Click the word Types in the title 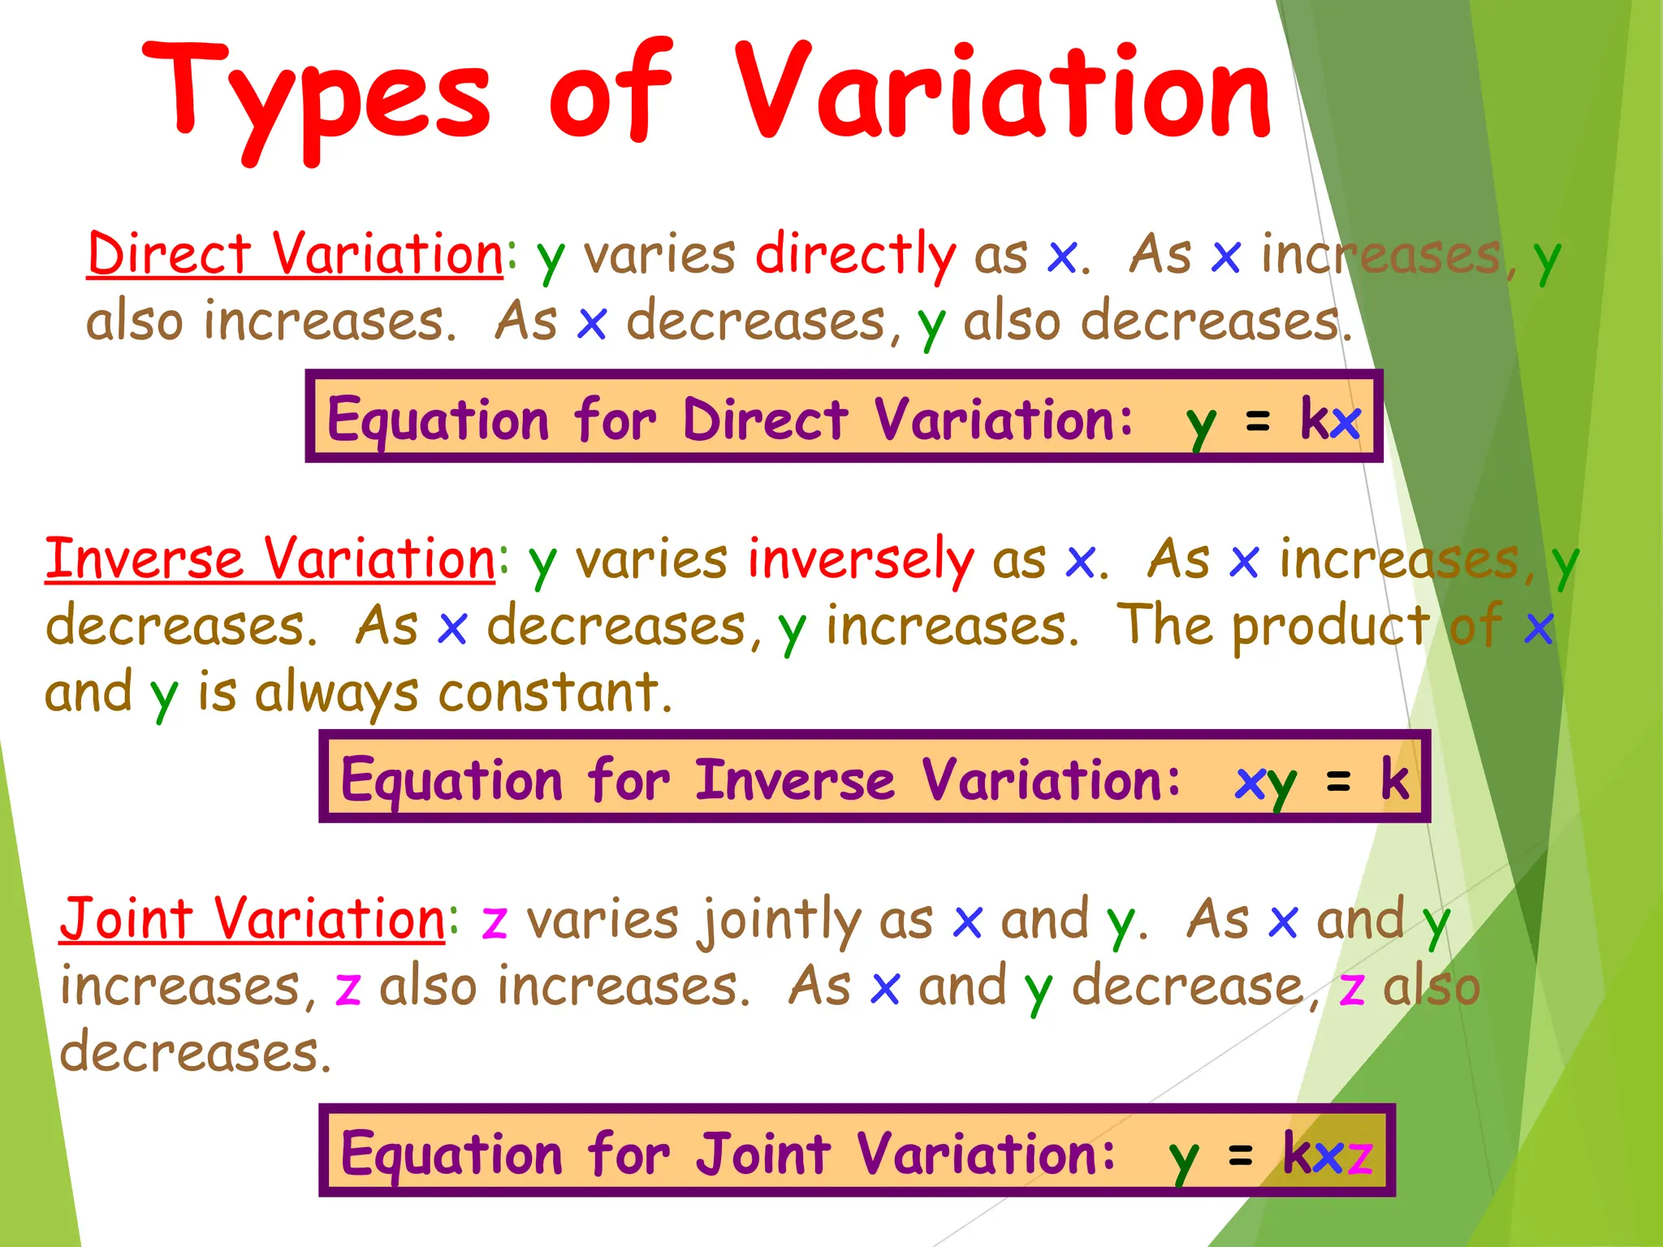click(317, 97)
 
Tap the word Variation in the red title click(1003, 93)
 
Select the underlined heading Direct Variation click(295, 254)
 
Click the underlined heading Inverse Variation click(270, 559)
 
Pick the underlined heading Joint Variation click(253, 920)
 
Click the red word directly click(856, 254)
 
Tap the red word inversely click(861, 559)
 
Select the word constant click(555, 693)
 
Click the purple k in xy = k click(1395, 779)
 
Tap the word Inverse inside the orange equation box click(795, 779)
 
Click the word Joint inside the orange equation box click(764, 1154)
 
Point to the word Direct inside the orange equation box click(765, 420)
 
